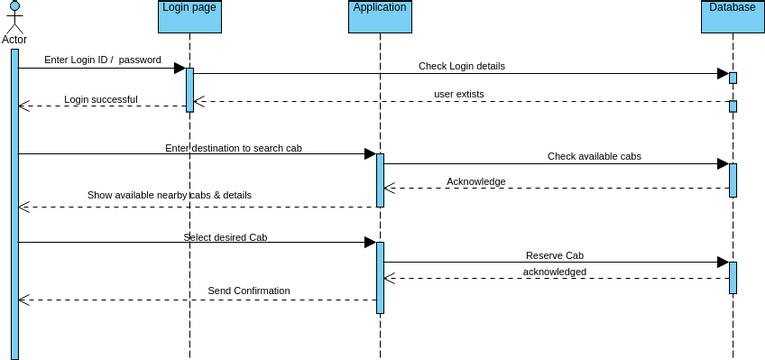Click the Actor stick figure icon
14,18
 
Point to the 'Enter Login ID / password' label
102,60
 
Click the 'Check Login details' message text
461,66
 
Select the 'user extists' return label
458,94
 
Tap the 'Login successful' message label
101,99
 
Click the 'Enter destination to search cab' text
233,148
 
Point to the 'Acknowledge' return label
476,182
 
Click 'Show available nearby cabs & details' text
169,195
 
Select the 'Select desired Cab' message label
225,238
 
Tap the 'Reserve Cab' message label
554,256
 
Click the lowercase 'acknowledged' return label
554,271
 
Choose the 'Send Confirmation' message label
249,291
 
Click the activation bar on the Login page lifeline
189,89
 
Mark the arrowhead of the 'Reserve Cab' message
722,262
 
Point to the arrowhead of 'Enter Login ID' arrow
180,69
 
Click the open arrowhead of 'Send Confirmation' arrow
24,299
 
